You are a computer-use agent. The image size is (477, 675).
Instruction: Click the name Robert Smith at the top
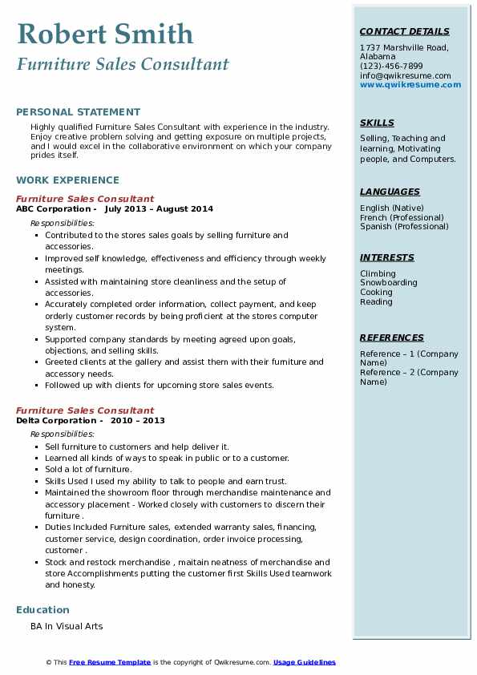click(x=105, y=34)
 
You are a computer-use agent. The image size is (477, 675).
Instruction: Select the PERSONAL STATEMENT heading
click(x=78, y=112)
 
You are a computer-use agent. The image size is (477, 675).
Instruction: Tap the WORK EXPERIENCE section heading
click(x=67, y=180)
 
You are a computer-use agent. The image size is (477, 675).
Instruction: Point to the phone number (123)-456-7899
click(x=391, y=67)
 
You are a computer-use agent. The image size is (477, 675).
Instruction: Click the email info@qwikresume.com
click(x=405, y=75)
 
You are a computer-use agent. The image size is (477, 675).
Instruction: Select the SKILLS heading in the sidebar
click(x=377, y=123)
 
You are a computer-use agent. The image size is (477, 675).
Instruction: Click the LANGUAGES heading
click(x=390, y=192)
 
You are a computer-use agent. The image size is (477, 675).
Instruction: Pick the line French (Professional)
click(x=401, y=217)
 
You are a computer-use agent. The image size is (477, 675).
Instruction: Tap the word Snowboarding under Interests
click(x=389, y=283)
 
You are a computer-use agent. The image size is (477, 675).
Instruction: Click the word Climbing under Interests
click(x=378, y=274)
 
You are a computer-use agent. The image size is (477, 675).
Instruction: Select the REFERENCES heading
click(x=392, y=338)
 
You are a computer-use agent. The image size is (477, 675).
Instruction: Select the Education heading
click(x=42, y=610)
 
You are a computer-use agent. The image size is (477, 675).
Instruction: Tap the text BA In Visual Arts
click(x=67, y=626)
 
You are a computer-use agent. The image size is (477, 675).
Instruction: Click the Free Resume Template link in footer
click(x=110, y=662)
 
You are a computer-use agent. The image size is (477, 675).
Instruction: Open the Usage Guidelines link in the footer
click(x=305, y=662)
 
